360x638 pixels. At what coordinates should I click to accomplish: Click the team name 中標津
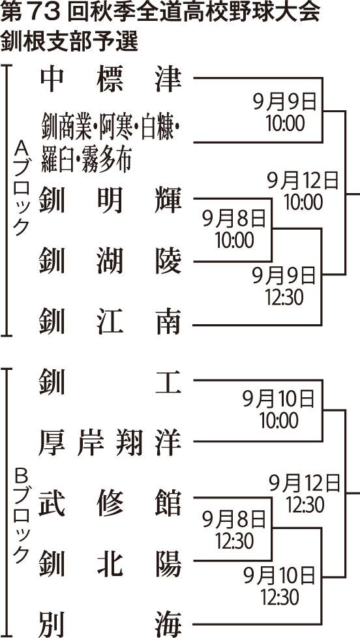[110, 80]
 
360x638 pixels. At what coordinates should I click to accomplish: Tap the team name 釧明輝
[110, 200]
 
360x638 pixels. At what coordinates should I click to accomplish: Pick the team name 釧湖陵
[110, 262]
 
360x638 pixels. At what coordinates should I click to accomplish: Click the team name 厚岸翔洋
[110, 443]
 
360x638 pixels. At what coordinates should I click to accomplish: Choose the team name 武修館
[110, 504]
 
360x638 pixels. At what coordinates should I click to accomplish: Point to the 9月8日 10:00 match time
[235, 230]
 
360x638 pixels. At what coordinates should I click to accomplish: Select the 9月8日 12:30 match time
[235, 529]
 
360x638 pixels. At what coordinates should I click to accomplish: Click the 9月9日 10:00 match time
[286, 113]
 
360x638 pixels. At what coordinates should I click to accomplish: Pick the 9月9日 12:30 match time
[285, 287]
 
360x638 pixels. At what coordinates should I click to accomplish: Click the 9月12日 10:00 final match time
[304, 191]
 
